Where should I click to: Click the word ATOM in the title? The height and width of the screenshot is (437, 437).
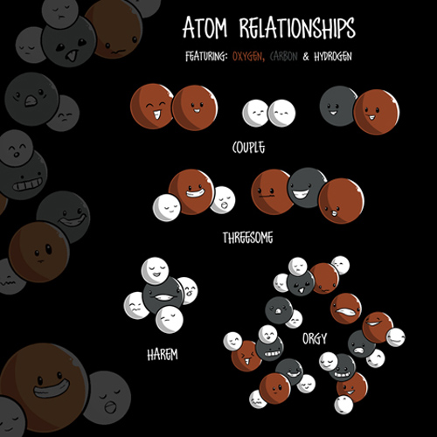[205, 28]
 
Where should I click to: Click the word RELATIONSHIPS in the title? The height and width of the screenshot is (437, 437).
[297, 27]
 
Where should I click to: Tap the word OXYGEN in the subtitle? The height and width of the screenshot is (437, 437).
[248, 56]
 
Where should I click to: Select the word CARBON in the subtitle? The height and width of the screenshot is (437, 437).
[283, 56]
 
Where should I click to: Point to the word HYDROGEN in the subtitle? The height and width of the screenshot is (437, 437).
[333, 57]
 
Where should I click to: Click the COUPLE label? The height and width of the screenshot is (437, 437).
[248, 148]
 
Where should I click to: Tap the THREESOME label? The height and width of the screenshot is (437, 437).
[248, 238]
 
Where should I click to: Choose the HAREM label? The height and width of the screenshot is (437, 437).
[163, 355]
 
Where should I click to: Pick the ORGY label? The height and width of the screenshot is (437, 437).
[315, 338]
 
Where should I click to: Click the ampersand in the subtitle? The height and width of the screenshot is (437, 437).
[306, 57]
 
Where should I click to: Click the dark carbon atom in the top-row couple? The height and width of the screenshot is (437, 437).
[338, 107]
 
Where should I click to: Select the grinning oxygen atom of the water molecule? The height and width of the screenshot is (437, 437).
[191, 191]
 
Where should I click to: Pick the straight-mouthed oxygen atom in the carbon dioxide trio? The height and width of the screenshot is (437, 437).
[270, 191]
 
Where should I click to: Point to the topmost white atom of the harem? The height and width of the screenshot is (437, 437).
[155, 271]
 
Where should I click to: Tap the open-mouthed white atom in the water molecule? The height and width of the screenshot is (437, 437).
[223, 200]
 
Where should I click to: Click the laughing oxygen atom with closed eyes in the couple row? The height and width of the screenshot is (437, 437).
[153, 106]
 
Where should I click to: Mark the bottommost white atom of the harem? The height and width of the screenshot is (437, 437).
[170, 319]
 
